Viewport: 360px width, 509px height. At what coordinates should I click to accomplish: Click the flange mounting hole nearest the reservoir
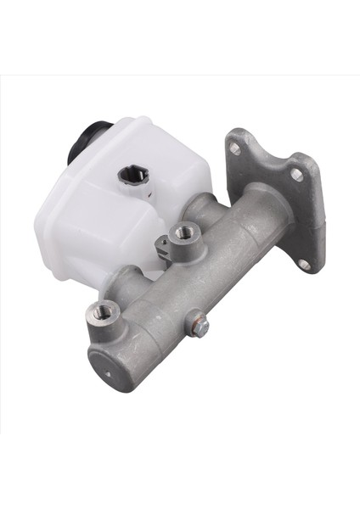(x=233, y=148)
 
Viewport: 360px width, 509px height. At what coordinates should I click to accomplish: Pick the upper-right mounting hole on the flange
(x=296, y=175)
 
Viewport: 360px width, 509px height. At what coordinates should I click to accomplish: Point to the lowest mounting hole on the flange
(x=303, y=263)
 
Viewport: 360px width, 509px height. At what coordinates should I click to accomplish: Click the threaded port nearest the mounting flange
(x=181, y=232)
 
